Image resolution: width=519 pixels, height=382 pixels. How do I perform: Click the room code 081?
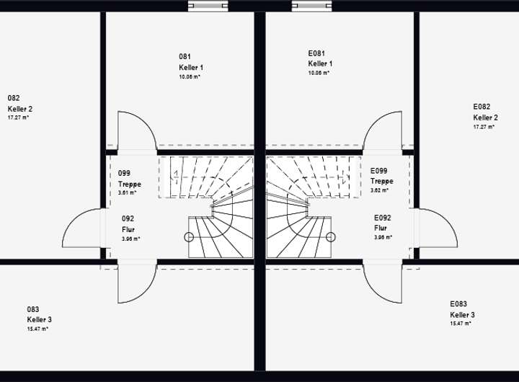point(185,55)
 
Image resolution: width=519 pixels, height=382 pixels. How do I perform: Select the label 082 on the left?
point(13,98)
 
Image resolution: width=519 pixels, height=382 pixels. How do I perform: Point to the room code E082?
point(481,106)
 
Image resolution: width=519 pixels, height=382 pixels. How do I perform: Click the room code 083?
point(33,308)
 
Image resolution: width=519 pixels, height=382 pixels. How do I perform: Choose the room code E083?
point(458,304)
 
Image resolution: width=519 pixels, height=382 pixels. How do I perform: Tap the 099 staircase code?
point(124,174)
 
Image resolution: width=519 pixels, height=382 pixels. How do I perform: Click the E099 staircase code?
point(378,171)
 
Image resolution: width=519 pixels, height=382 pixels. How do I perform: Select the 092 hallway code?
point(128,218)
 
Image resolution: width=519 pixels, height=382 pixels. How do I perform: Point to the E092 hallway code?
point(382,217)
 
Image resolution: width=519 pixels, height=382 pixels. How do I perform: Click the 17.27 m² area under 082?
point(18,117)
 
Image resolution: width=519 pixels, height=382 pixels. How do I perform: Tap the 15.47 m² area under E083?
point(461,324)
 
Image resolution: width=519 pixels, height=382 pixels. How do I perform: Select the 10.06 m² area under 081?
point(190,76)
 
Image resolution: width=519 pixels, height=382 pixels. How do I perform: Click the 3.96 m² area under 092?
point(130,239)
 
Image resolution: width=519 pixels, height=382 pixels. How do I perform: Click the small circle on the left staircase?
point(189,237)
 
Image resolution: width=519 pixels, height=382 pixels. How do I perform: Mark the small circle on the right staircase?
point(331,236)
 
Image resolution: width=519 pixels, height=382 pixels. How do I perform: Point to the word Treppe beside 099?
point(130,184)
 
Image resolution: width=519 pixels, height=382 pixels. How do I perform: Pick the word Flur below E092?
point(381,227)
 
